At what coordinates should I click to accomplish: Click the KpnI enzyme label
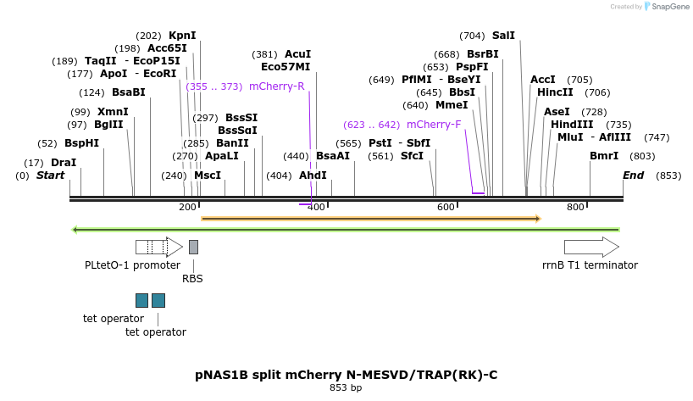coord(182,36)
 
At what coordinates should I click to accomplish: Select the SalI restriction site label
coord(503,36)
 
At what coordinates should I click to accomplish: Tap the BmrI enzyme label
coord(604,156)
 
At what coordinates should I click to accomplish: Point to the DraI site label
coord(64,163)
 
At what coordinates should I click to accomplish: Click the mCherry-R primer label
coord(277,86)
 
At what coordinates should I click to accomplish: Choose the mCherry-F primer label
coord(434,125)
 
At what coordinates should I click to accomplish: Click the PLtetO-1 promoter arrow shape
coord(159,247)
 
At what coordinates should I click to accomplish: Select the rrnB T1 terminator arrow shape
coord(591,247)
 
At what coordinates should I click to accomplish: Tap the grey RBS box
coord(193,247)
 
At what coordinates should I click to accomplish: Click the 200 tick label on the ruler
coord(187,208)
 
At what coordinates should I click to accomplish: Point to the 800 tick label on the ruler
coord(575,208)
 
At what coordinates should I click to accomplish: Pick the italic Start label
coord(50,175)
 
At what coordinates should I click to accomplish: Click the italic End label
coord(633,175)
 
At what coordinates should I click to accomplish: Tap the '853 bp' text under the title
coord(346,387)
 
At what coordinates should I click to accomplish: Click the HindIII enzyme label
coord(572,125)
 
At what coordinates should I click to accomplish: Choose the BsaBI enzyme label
coord(129,92)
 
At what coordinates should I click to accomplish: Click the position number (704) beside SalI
coord(472,36)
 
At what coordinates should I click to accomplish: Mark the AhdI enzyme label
coord(313,175)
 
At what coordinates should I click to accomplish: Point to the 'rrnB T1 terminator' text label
coord(590,265)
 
